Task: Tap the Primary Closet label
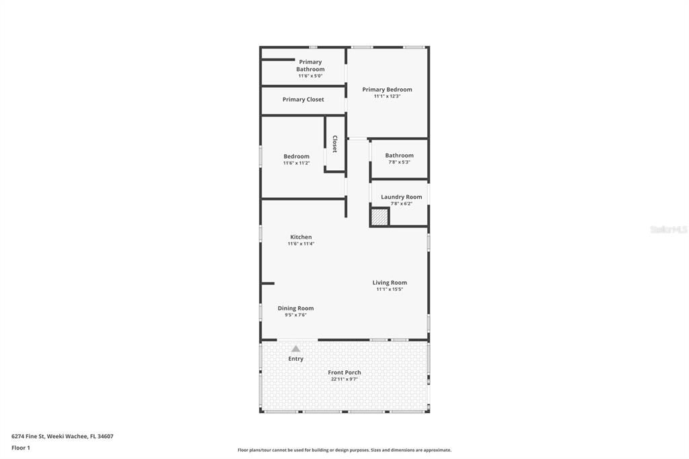pyautogui.click(x=303, y=100)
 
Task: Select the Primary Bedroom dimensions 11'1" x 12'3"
pyautogui.click(x=387, y=96)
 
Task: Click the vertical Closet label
pyautogui.click(x=334, y=144)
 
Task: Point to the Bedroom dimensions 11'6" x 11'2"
pyautogui.click(x=296, y=163)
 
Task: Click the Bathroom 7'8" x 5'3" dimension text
pyautogui.click(x=399, y=162)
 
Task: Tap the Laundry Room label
pyautogui.click(x=401, y=197)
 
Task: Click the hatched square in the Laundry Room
pyautogui.click(x=379, y=217)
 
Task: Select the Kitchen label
pyautogui.click(x=301, y=237)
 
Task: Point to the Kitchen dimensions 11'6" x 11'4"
pyautogui.click(x=301, y=244)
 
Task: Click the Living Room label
pyautogui.click(x=390, y=283)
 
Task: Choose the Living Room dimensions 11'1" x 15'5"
pyautogui.click(x=390, y=289)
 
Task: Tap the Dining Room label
pyautogui.click(x=295, y=308)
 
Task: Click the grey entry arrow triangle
pyautogui.click(x=295, y=349)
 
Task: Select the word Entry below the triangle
pyautogui.click(x=295, y=359)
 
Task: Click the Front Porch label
pyautogui.click(x=344, y=372)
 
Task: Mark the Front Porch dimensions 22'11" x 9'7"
pyautogui.click(x=344, y=379)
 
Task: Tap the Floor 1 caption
pyautogui.click(x=22, y=448)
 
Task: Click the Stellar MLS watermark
pyautogui.click(x=668, y=229)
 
